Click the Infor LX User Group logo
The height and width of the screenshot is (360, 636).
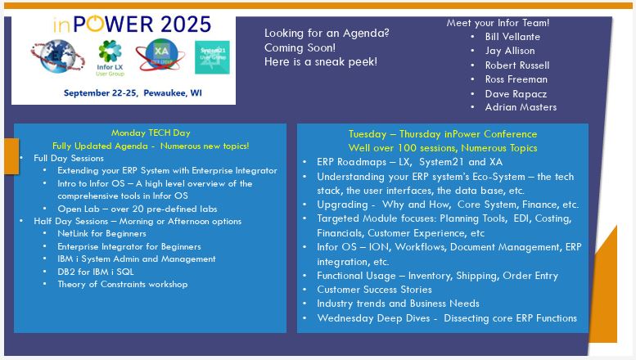110,58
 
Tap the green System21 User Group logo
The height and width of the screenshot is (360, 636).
212,57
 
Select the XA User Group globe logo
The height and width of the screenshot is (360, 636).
160,55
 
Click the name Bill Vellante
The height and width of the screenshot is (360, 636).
512,37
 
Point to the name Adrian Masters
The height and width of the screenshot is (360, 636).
521,107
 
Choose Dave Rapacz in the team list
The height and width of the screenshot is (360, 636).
516,94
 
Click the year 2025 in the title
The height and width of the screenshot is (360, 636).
186,25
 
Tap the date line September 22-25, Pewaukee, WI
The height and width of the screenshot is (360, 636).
133,92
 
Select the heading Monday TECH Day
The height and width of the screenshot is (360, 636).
151,133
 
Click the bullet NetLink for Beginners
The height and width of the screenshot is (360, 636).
101,233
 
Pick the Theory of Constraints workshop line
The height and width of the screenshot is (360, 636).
123,284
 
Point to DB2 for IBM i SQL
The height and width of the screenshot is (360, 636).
96,272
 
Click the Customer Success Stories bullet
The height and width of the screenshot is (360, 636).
374,290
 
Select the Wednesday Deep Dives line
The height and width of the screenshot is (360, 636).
447,318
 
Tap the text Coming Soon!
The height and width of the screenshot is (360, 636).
300,47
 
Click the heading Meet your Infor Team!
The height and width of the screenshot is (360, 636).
498,23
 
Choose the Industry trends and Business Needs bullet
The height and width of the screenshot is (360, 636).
399,304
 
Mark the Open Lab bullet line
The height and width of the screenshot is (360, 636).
138,209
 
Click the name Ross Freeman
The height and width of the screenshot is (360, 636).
516,79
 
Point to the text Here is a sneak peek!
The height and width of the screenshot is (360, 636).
321,61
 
